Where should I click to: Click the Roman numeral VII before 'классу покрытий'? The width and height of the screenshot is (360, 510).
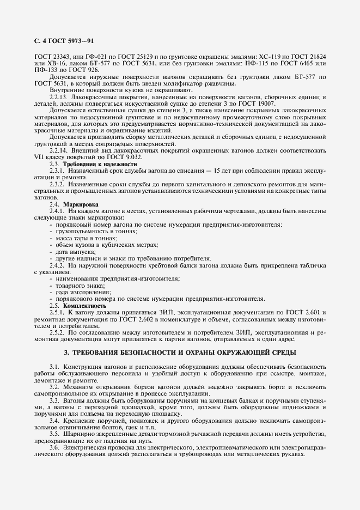(x=39, y=156)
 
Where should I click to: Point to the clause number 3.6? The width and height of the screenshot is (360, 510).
(x=54, y=432)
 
